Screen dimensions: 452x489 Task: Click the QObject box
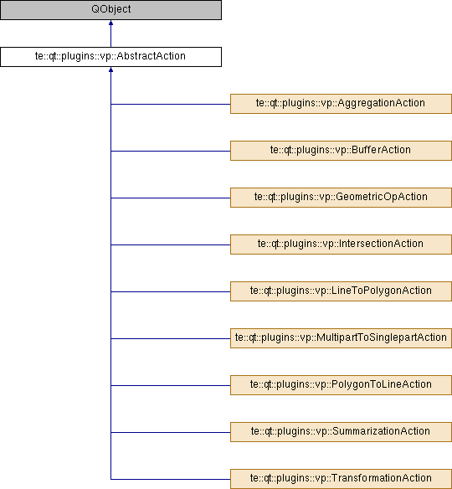click(x=110, y=10)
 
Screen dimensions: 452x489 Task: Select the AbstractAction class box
click(x=110, y=57)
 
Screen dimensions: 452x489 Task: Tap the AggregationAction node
click(x=341, y=104)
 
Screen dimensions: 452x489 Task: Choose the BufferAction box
click(x=341, y=151)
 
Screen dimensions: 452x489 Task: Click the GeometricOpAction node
click(x=341, y=198)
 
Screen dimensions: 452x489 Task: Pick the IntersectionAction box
click(x=341, y=244)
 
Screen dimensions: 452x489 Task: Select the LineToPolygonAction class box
click(x=341, y=291)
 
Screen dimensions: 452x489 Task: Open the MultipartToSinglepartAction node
click(x=341, y=338)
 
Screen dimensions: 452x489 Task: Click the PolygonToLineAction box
click(x=341, y=385)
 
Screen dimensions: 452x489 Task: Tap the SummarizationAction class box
click(x=341, y=432)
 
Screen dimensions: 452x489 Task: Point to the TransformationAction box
click(x=341, y=479)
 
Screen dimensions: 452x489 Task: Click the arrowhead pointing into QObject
click(x=110, y=23)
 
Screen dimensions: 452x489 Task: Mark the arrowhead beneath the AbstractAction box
click(x=110, y=69)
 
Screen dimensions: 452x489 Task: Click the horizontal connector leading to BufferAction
click(x=171, y=151)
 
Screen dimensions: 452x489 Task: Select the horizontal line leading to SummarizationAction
click(x=171, y=432)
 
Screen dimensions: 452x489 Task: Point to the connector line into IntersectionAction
click(x=171, y=244)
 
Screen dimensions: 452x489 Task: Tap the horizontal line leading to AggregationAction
click(x=171, y=104)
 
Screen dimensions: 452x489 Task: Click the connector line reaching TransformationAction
click(x=171, y=479)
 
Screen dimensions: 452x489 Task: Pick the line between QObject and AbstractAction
click(x=110, y=33)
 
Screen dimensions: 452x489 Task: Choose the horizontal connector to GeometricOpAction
click(x=171, y=198)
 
